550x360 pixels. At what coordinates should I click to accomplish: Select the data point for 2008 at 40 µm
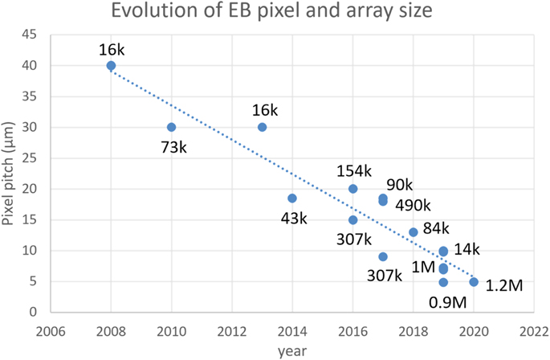tap(111, 65)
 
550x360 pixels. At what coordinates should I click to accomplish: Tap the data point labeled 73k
tap(171, 127)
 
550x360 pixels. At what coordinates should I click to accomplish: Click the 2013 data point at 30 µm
tap(262, 127)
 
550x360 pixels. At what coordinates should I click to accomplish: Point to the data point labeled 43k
tap(292, 198)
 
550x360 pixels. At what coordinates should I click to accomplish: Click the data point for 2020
tap(474, 282)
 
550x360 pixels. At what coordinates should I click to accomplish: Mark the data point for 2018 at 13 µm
tap(414, 232)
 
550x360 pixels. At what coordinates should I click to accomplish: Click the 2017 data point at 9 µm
tap(383, 256)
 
